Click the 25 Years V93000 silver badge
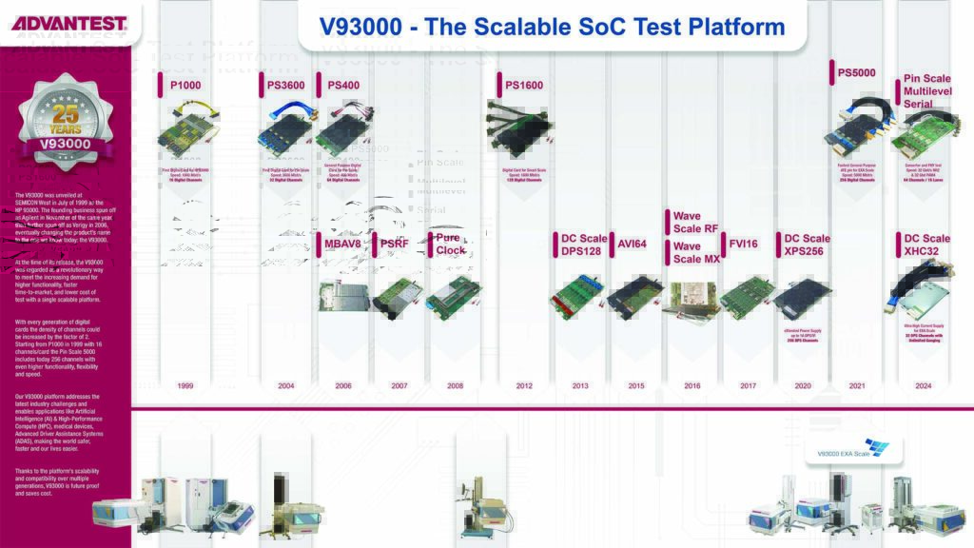pos(65,122)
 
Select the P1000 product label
pos(185,86)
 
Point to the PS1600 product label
pos(523,86)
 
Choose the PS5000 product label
pos(856,72)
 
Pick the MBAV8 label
pos(342,245)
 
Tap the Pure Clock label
pos(450,244)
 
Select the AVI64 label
pos(632,245)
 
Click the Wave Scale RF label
pos(694,222)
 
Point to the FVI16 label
pos(742,245)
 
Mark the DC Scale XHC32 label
pos(925,245)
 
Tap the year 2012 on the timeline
pos(524,386)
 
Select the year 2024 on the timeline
pos(923,386)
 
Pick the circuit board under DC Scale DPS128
pos(576,295)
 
